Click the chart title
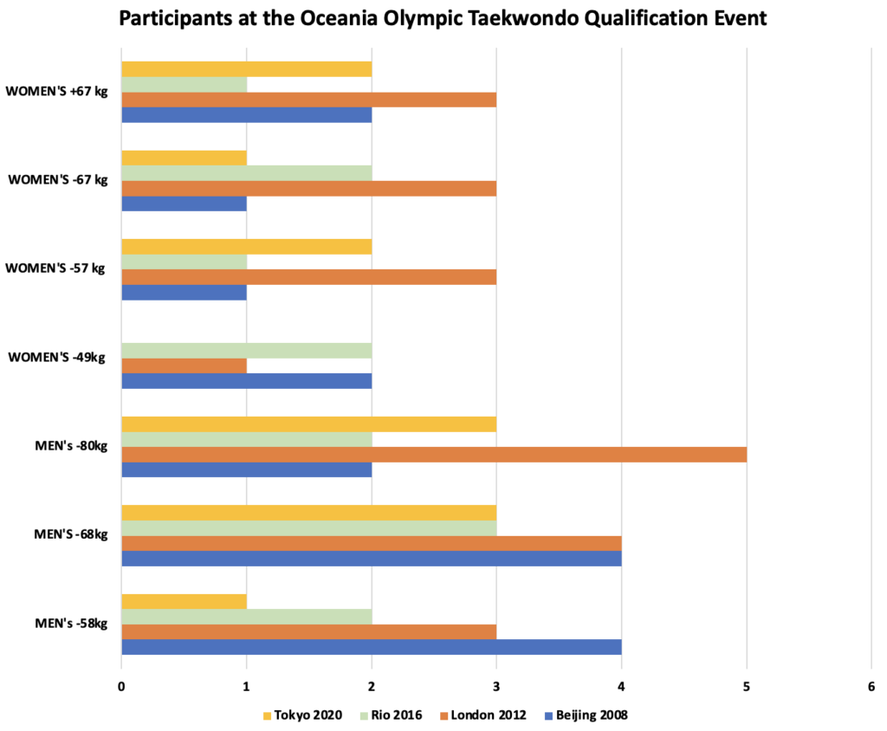click(x=443, y=19)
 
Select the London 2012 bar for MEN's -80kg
click(x=433, y=454)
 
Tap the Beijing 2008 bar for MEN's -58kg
click(x=371, y=646)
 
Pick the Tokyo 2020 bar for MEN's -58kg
click(x=184, y=601)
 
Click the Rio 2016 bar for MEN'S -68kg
click(x=308, y=527)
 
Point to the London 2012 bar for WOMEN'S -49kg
click(x=184, y=365)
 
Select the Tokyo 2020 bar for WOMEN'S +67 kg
click(x=246, y=69)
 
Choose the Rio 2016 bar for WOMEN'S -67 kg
click(x=246, y=173)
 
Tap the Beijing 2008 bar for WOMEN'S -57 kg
click(x=184, y=292)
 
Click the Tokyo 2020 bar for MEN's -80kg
click(x=308, y=424)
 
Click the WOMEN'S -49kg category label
click(x=57, y=357)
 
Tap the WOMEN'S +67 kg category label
click(x=56, y=91)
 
